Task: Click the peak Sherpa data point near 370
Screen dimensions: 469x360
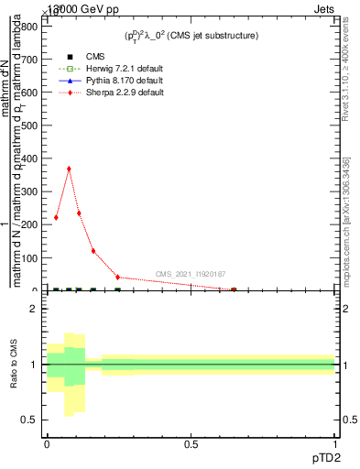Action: click(69, 169)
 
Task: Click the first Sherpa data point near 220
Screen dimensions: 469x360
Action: click(57, 218)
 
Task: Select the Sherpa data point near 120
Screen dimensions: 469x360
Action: click(93, 251)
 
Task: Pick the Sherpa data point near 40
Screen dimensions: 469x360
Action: click(117, 277)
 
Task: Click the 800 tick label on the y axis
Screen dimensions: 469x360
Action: click(29, 27)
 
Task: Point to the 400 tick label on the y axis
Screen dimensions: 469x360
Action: click(29, 158)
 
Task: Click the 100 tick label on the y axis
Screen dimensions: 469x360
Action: click(29, 258)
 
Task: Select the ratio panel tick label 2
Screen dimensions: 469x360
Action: click(34, 309)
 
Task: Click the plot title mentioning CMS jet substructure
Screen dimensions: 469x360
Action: click(191, 35)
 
